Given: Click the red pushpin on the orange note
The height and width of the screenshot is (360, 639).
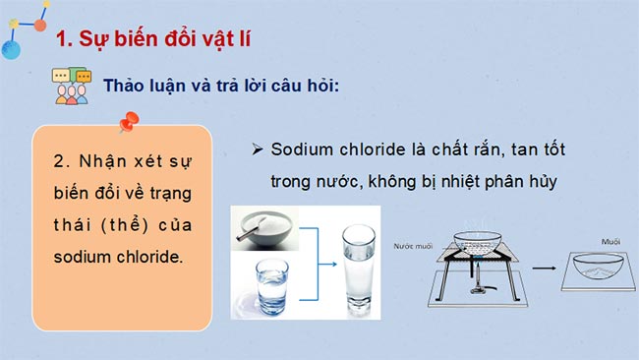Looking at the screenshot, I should [127, 123].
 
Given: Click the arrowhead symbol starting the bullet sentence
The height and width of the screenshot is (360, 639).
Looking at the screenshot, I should [258, 150].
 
